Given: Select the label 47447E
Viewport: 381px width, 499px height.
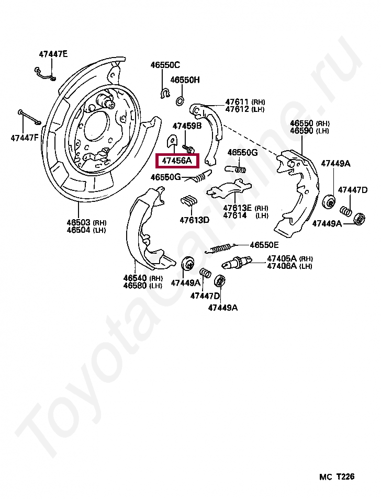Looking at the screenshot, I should [53, 54].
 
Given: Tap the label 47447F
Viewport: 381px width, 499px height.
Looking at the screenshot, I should [24, 138].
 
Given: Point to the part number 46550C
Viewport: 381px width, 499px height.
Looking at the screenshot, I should [165, 65].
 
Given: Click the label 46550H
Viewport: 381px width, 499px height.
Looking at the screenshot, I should [185, 80].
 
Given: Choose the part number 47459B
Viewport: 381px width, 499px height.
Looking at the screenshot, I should [187, 126].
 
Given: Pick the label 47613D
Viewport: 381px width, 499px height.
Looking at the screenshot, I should [194, 220].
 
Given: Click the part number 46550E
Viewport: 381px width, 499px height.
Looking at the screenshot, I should [264, 245].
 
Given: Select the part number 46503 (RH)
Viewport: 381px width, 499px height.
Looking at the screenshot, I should [78, 222].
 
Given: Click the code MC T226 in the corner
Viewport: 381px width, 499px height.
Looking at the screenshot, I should [337, 477].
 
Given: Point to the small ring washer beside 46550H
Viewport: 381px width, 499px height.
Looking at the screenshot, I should [179, 100].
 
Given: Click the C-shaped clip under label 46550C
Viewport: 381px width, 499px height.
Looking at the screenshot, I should [164, 94].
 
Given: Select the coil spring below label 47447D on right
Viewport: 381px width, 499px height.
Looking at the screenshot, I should [345, 211].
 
